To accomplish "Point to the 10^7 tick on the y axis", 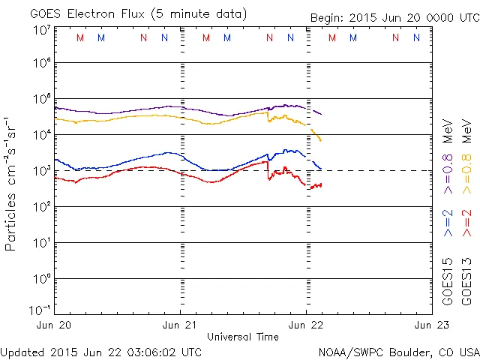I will [41, 30].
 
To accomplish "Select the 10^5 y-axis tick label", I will [41, 99].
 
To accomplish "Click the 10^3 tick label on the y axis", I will [41, 171].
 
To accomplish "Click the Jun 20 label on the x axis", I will [53, 325].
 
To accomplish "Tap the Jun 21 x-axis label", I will [181, 325].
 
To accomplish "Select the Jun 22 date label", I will [306, 325].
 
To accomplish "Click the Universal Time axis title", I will [243, 337].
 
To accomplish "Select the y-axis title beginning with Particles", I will [11, 183].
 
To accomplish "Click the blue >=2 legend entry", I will [448, 223].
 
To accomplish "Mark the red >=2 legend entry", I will [466, 223].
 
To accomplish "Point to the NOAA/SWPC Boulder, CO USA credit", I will [397, 351].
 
